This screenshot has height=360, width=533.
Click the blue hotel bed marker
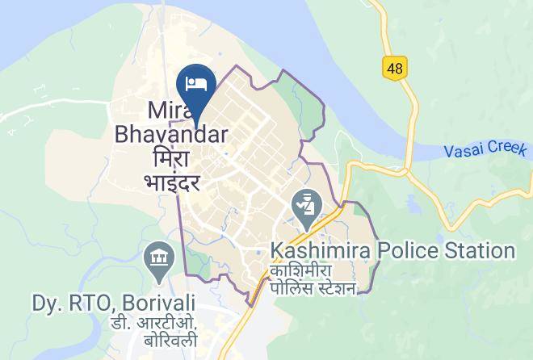195,83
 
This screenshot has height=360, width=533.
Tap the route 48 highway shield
394,69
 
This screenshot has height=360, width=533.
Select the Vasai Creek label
485,150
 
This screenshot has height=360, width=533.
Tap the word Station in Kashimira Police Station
476,251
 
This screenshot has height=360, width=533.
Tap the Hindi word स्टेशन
332,288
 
